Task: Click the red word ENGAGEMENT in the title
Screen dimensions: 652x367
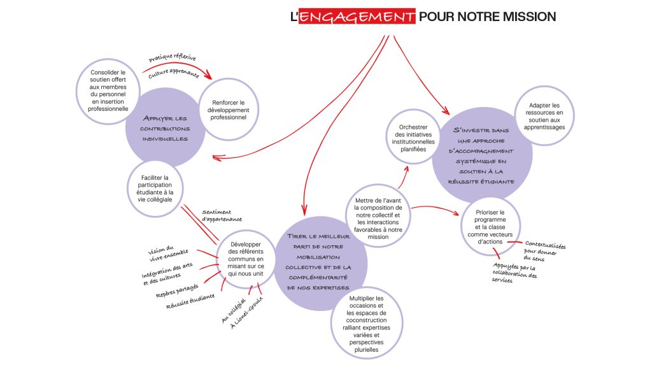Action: (357, 17)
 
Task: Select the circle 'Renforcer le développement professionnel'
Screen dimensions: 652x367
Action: (229, 110)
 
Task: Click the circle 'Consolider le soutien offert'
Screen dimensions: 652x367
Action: (108, 90)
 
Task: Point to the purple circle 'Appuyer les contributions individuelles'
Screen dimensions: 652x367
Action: (165, 128)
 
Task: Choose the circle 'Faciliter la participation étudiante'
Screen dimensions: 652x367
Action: (155, 189)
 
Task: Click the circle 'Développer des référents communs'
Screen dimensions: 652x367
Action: (246, 259)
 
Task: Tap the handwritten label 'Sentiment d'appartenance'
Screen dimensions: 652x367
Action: (222, 215)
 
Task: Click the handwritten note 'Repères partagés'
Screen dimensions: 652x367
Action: (177, 291)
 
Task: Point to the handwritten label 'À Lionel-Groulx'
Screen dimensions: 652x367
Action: (247, 312)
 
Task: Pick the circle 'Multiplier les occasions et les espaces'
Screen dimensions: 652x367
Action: (366, 324)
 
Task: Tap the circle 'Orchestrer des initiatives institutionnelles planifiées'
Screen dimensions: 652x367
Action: (413, 138)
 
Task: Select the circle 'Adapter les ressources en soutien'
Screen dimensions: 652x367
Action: (544, 116)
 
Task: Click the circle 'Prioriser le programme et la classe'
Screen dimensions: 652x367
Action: (491, 227)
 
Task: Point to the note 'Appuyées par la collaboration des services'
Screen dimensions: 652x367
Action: (514, 273)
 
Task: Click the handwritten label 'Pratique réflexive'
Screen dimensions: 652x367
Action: (172, 57)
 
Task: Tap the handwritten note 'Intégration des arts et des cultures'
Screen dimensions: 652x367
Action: (167, 273)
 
